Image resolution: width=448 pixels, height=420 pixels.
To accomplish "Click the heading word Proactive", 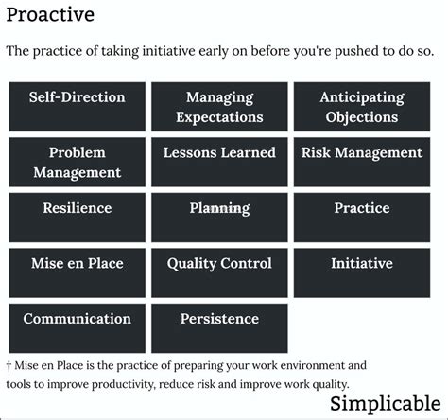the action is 50,15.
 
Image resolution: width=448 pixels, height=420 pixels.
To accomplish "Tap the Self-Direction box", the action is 78,107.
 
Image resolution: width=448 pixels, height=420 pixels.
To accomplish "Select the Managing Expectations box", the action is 219,107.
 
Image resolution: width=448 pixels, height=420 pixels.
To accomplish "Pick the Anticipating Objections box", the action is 362,107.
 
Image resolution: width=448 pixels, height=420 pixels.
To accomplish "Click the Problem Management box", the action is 78,162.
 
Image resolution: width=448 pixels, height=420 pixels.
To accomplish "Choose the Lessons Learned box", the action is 219,162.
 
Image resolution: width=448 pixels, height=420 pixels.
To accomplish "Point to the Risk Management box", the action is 362,162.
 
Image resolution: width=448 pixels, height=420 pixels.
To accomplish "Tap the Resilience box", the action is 78,218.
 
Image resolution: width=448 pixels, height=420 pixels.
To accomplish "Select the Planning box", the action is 219,218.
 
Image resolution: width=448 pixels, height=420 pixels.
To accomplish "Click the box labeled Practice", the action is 362,218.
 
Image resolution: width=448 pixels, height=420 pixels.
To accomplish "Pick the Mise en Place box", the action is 78,272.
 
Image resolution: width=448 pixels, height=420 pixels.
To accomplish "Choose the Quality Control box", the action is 219,272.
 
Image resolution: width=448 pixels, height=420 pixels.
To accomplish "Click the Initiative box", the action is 362,272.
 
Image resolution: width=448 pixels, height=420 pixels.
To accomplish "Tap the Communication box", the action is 78,328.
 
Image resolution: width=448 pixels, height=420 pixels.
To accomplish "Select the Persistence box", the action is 219,328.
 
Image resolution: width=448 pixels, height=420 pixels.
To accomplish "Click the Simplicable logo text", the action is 386,404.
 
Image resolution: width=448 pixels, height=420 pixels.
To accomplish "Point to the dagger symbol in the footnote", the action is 9,366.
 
